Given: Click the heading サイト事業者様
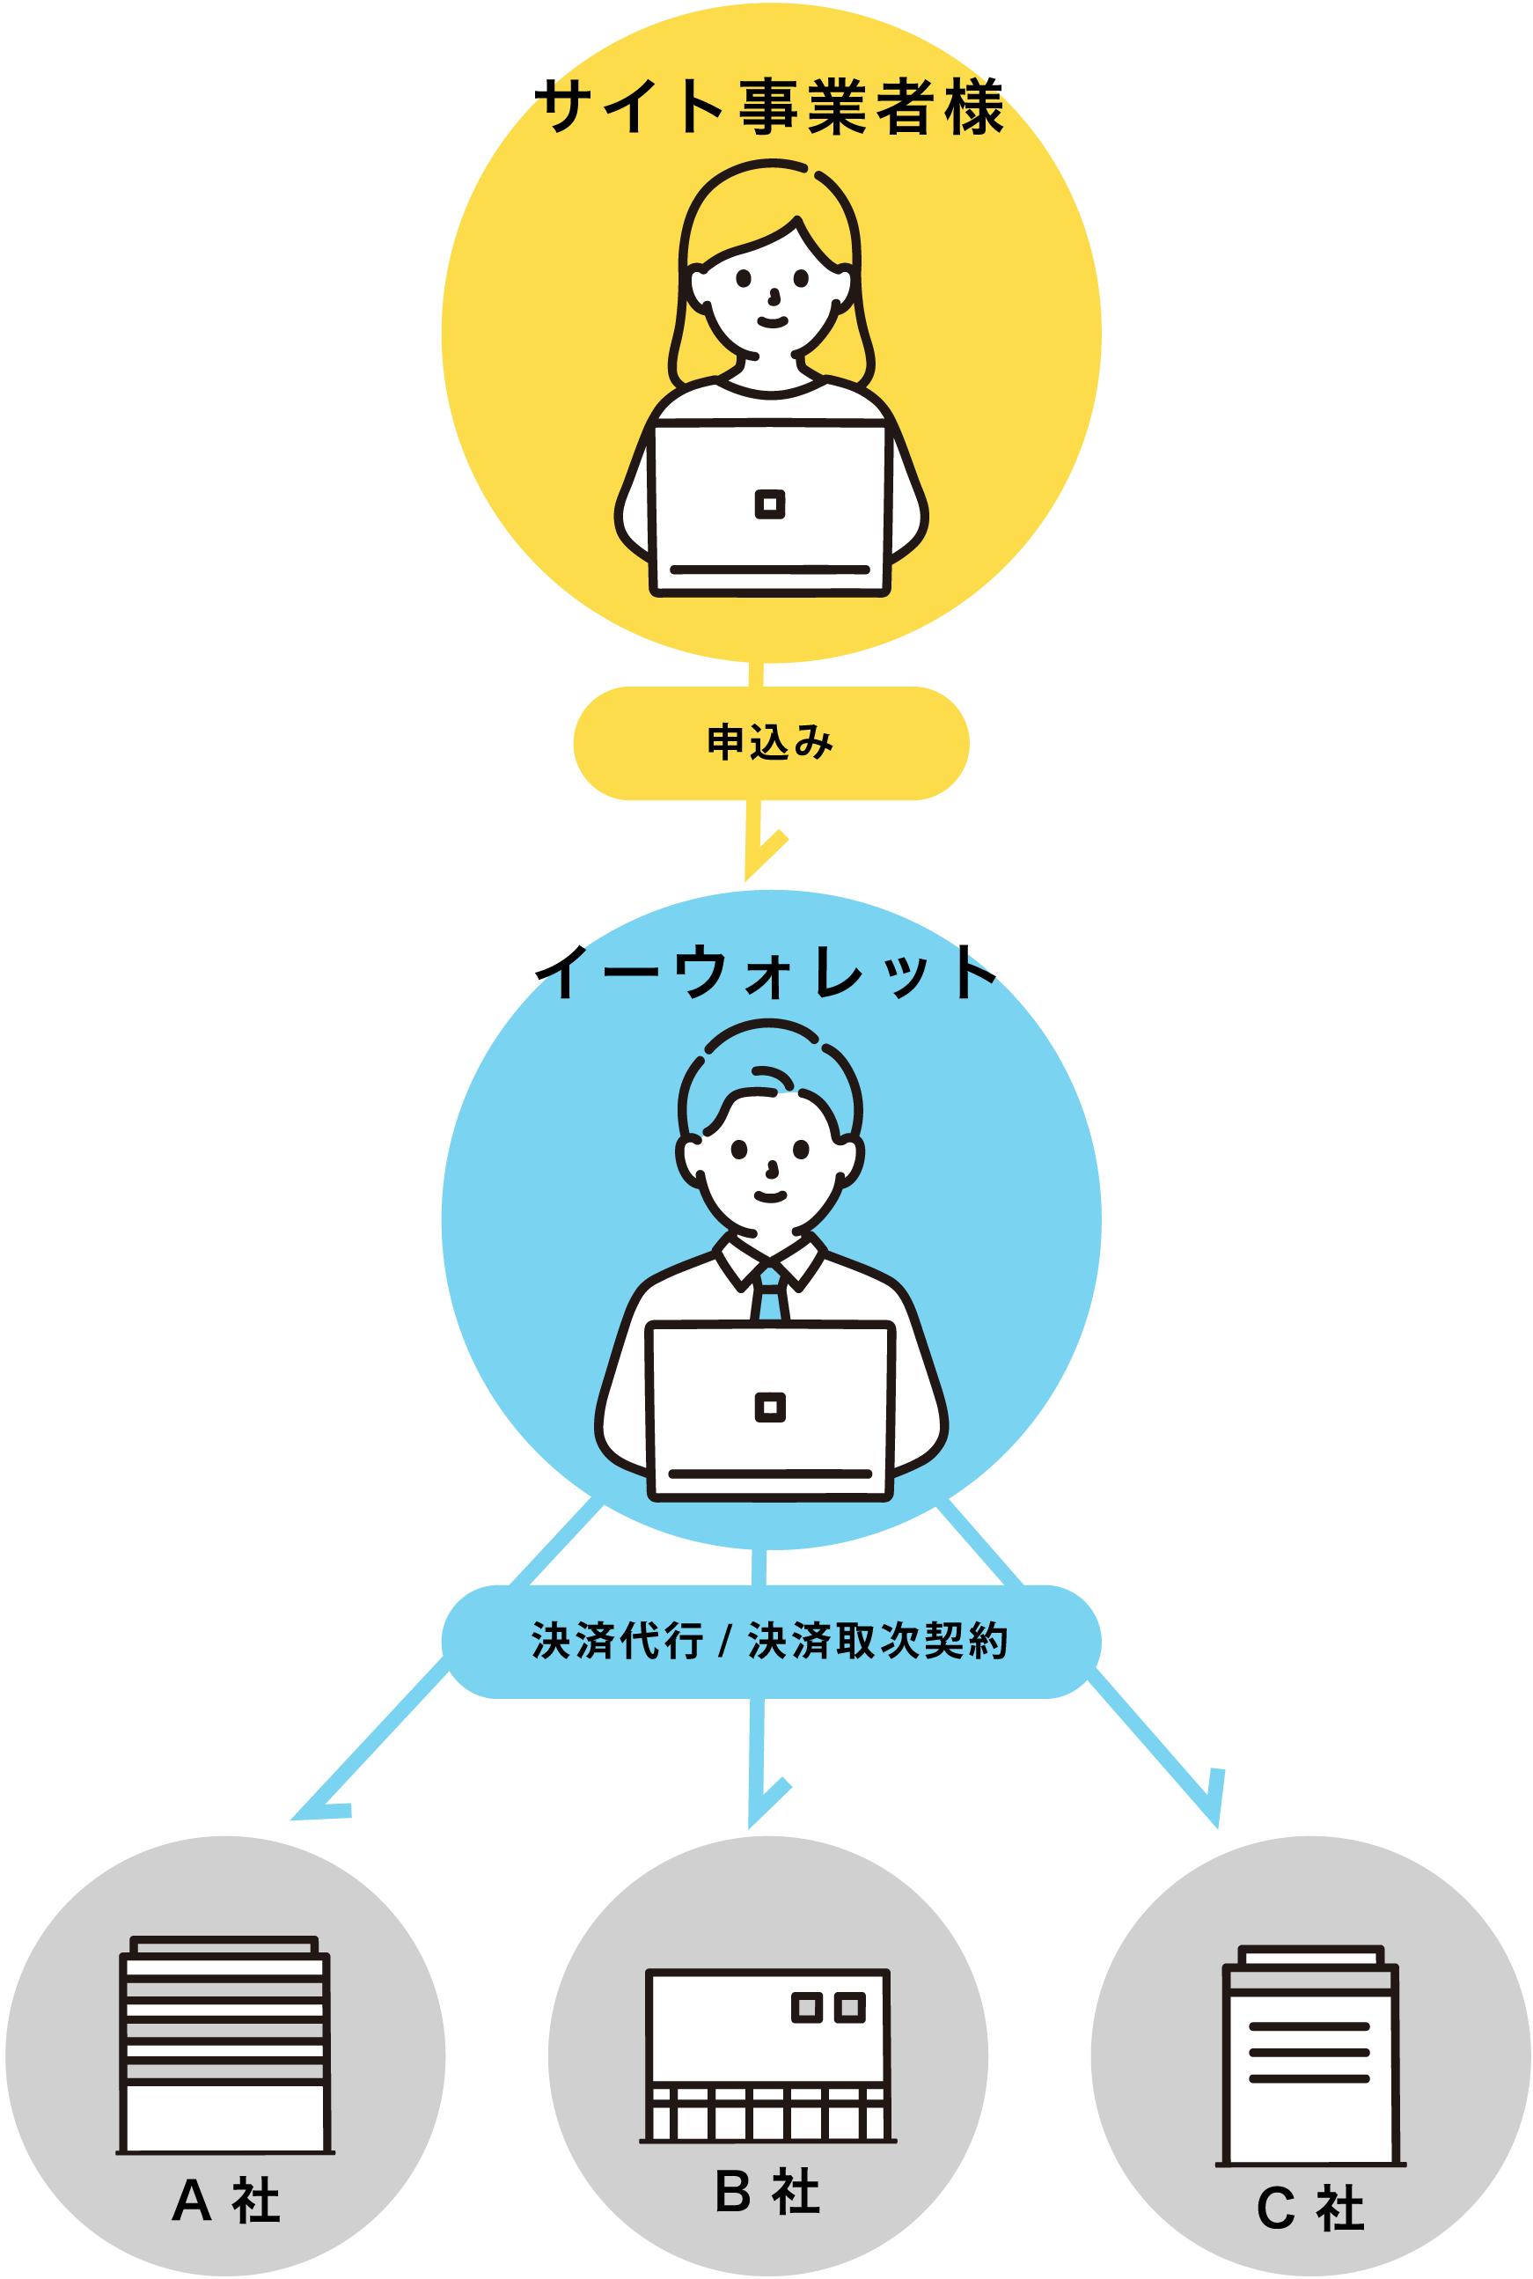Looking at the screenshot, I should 773,107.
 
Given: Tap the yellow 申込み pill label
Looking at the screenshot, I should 770,743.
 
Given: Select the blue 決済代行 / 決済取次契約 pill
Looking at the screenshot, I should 770,1641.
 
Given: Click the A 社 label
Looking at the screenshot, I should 226,2201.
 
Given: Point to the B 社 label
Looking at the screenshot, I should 767,2191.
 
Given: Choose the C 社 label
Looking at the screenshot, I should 1310,2208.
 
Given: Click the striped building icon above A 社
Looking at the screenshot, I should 225,2043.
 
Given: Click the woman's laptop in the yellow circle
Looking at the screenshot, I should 770,509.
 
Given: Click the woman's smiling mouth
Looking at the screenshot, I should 773,321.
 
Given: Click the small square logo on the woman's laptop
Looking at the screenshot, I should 770,504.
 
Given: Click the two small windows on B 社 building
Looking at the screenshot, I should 828,2008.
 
